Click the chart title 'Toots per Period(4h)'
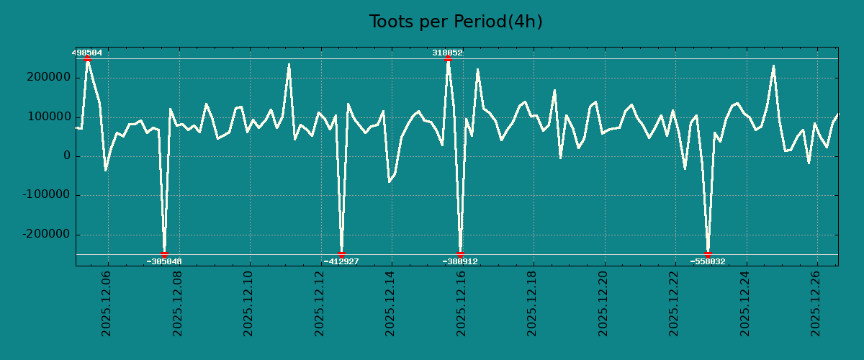click(456, 22)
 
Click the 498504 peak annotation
click(86, 53)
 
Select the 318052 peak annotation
click(447, 53)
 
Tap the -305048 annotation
click(163, 261)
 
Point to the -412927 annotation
click(341, 261)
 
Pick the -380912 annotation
click(459, 261)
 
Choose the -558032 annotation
click(708, 261)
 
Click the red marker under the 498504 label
click(87, 59)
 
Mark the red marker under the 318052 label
click(448, 59)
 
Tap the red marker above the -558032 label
click(708, 254)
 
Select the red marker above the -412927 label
click(341, 254)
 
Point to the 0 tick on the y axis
click(67, 156)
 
